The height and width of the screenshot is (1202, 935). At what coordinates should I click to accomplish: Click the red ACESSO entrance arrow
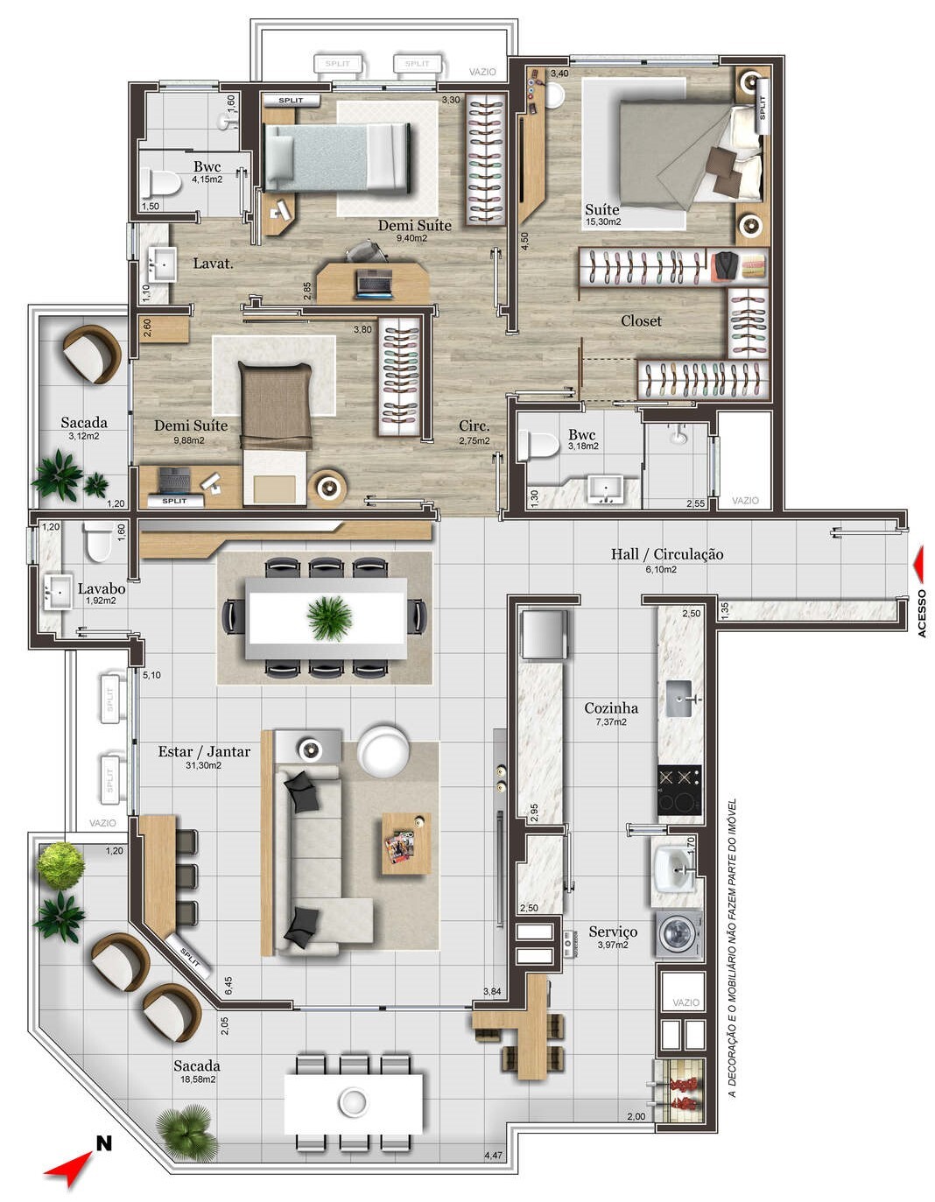point(917,564)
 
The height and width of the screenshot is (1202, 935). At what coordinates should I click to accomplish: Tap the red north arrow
point(70,1169)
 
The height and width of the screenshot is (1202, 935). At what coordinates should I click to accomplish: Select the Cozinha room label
point(611,707)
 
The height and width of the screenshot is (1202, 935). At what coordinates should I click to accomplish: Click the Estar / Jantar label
point(204,751)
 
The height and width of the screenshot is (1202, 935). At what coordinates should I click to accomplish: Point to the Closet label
point(641,320)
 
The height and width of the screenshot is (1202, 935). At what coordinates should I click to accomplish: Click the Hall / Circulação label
point(666,553)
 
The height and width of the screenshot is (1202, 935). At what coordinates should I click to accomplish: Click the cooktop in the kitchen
point(679,789)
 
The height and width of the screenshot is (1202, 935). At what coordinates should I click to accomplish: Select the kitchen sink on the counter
point(680,699)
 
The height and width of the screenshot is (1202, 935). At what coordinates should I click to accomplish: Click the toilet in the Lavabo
point(97,543)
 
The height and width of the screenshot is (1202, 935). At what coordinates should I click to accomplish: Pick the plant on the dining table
point(329,617)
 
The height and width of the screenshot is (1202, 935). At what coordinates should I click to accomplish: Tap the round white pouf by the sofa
point(383,750)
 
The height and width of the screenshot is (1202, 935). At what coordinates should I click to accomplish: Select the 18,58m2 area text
point(197,1079)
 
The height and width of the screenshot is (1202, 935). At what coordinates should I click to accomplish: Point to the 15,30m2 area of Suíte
point(602,221)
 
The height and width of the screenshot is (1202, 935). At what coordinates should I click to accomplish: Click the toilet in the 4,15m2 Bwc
point(161,184)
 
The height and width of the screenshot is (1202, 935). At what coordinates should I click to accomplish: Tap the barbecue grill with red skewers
point(680,1090)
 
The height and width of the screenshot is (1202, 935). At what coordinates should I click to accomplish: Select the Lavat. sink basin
point(162,263)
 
